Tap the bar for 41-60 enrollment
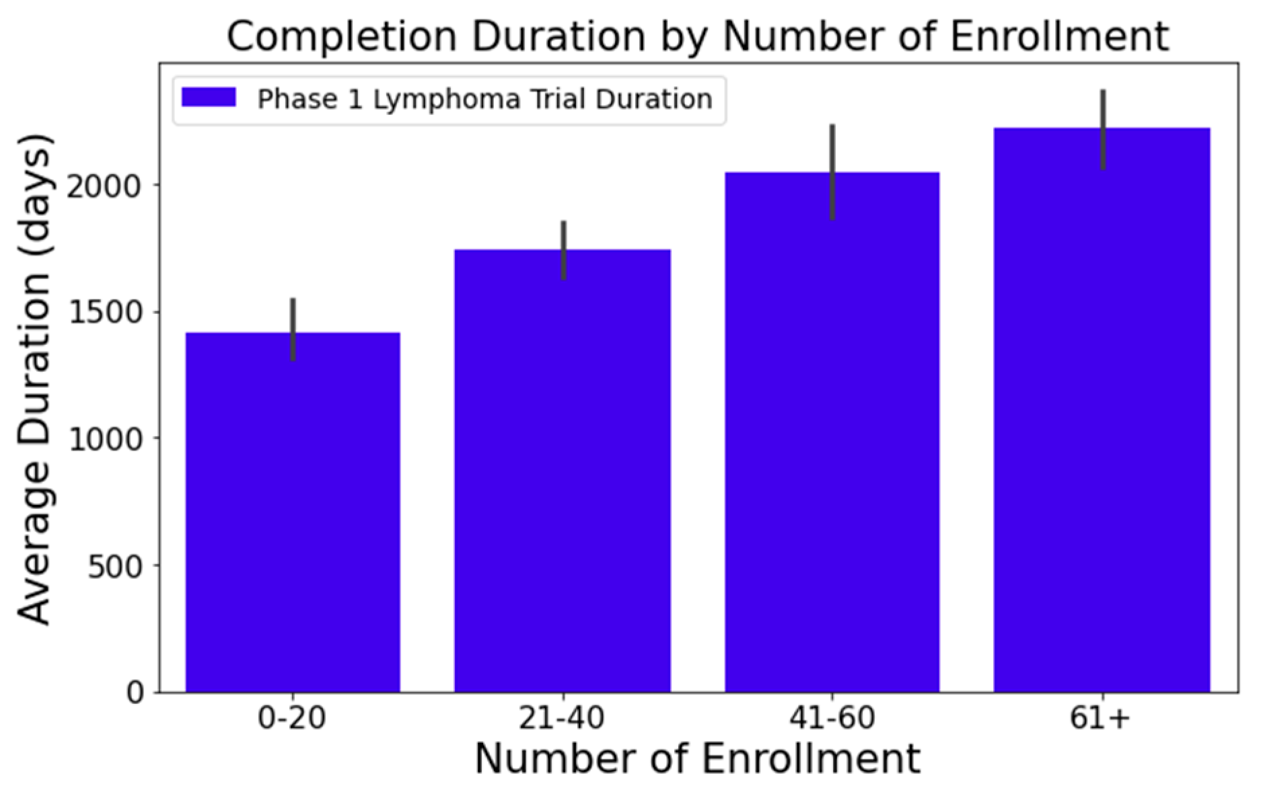pyautogui.click(x=832, y=437)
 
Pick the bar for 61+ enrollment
pyautogui.click(x=1102, y=417)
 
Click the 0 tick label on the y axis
pyautogui.click(x=136, y=692)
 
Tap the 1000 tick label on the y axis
pyautogui.click(x=106, y=440)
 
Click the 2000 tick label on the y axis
pyautogui.click(x=106, y=186)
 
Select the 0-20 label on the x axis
pyautogui.click(x=292, y=719)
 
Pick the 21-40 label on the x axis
pyautogui.click(x=562, y=719)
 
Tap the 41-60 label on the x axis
pyautogui.click(x=832, y=719)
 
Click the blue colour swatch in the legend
pyautogui.click(x=209, y=98)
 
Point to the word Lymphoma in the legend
pyautogui.click(x=447, y=100)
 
